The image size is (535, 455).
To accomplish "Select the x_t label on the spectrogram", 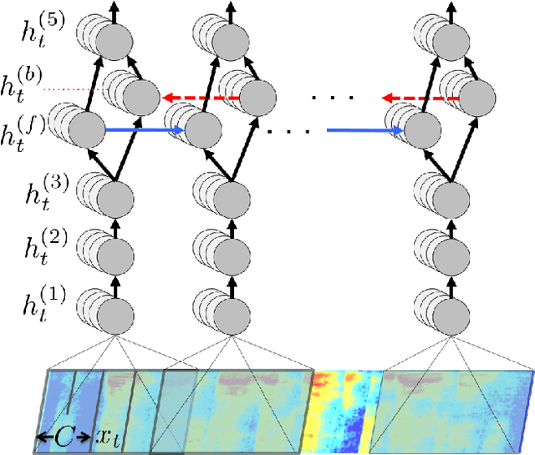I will point(106,435).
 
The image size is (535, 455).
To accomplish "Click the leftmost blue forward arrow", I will point(144,130).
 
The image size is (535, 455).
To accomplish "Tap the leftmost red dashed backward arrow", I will point(201,97).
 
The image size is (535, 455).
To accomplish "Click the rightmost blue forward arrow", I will point(365,130).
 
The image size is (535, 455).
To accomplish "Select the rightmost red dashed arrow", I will point(421,97).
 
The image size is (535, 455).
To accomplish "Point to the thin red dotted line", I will point(88,88).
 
